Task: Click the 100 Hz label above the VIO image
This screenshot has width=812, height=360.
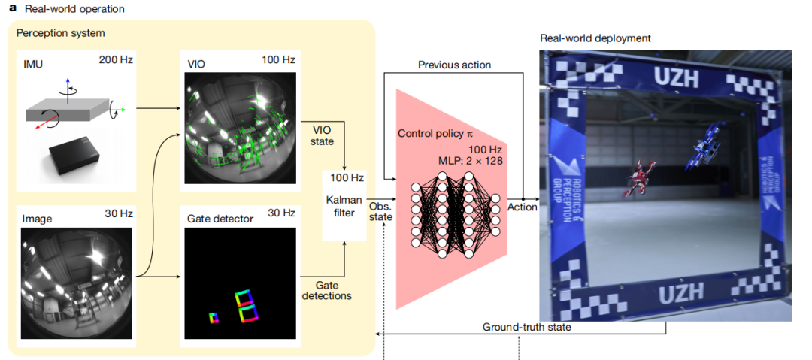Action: pos(279,59)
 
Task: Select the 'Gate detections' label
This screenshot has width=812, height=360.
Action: pos(326,291)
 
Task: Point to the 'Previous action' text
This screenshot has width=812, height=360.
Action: pos(454,65)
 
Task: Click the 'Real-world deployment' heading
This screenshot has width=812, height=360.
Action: pos(595,38)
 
